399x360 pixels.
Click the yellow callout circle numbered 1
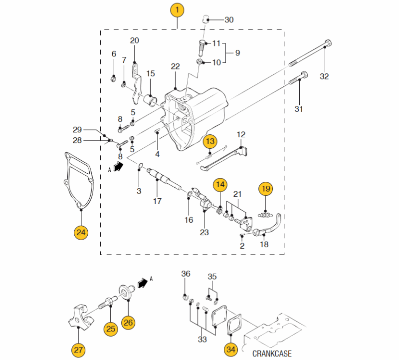177,9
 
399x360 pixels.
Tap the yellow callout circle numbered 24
81,232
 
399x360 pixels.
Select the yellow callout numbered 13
210,141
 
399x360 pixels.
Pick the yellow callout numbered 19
266,189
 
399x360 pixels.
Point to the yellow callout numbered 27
78,351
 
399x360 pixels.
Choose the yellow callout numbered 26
128,322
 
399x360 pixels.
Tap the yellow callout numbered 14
220,185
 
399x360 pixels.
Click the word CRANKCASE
272,354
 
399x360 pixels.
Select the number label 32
324,76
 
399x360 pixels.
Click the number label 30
229,20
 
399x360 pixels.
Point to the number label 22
175,66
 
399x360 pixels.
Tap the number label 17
157,202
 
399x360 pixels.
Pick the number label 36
186,274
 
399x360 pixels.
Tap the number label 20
135,40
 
